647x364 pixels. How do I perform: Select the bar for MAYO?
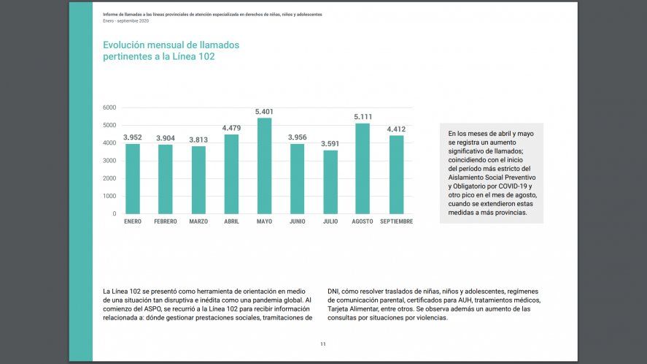point(264,166)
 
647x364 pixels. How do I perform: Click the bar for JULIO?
point(330,182)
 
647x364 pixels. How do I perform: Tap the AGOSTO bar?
point(363,168)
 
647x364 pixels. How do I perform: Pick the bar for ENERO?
point(133,178)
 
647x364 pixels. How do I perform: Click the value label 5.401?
point(264,111)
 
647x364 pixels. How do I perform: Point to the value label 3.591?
point(330,144)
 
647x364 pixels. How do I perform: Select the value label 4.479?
point(231,128)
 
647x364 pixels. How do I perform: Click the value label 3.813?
point(198,140)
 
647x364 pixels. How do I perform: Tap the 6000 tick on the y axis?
point(109,107)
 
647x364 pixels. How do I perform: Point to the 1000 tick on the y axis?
point(109,196)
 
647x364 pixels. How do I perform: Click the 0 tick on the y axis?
point(114,214)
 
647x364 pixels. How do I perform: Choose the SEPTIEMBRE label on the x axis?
point(396,221)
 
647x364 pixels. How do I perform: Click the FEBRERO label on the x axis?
point(166,221)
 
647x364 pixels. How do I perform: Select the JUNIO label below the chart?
point(298,221)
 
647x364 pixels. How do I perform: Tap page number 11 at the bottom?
point(323,344)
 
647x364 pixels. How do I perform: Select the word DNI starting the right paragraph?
point(333,291)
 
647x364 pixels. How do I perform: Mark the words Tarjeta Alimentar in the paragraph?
point(353,308)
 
